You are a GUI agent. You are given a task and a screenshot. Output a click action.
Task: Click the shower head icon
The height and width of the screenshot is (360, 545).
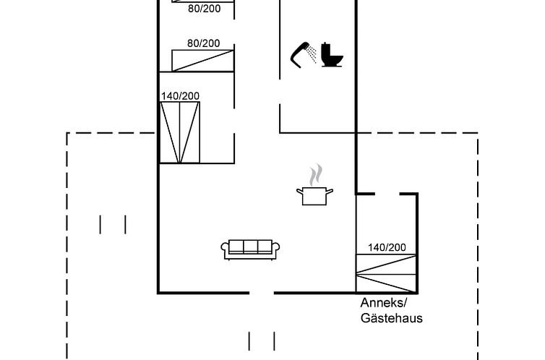point(300,53)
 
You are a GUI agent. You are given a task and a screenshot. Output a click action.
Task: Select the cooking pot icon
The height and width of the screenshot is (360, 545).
point(314,194)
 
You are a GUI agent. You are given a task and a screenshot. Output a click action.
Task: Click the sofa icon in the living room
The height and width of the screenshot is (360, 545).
point(251,248)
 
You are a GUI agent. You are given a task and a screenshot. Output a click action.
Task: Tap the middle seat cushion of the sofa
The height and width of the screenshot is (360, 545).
point(251,246)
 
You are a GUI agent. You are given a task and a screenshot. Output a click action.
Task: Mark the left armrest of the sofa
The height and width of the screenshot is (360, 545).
point(226,249)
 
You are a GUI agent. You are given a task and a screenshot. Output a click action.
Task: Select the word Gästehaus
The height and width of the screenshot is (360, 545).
point(391,318)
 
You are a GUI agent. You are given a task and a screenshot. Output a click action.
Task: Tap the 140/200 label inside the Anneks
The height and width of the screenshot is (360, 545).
point(387,248)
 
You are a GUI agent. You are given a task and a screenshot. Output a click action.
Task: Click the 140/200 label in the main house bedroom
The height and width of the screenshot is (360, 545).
point(180,96)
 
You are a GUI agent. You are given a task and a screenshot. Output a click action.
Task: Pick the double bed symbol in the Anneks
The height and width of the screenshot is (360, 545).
point(387,273)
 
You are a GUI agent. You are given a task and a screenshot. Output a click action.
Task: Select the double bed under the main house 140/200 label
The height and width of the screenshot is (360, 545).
point(180,132)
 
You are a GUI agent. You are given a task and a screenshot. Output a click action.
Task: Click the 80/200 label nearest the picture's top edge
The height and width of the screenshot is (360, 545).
point(203,9)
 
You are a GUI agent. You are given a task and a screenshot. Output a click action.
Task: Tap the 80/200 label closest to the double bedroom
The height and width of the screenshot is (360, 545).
point(203,43)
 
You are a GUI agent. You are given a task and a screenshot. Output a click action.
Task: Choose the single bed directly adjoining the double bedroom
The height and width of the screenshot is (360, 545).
point(203,60)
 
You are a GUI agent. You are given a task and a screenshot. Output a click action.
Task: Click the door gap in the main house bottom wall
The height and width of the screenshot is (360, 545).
point(262,292)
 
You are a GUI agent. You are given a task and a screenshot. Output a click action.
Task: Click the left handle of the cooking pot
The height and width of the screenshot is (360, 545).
point(299,191)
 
